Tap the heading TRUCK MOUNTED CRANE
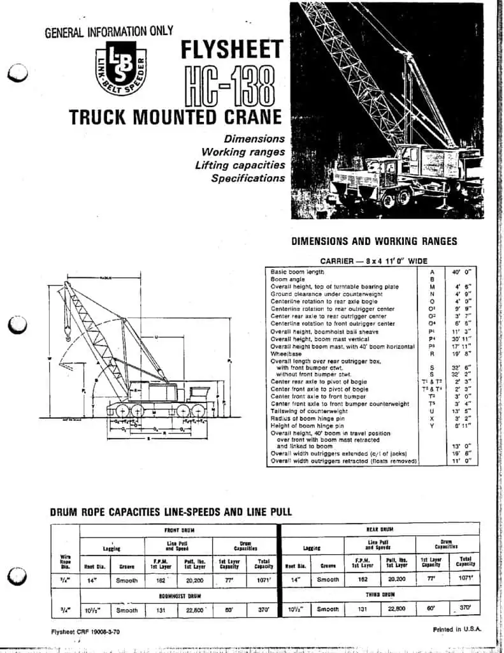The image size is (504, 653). tap(175, 117)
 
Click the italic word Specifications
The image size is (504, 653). tap(248, 179)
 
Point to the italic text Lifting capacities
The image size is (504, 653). tap(240, 165)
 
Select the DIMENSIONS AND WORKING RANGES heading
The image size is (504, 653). tap(374, 242)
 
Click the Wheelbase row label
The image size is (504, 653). tap(286, 354)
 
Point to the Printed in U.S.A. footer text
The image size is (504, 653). tap(456, 629)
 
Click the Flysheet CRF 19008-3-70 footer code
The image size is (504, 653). tap(85, 632)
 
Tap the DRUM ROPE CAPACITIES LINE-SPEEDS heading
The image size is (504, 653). tap(171, 511)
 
